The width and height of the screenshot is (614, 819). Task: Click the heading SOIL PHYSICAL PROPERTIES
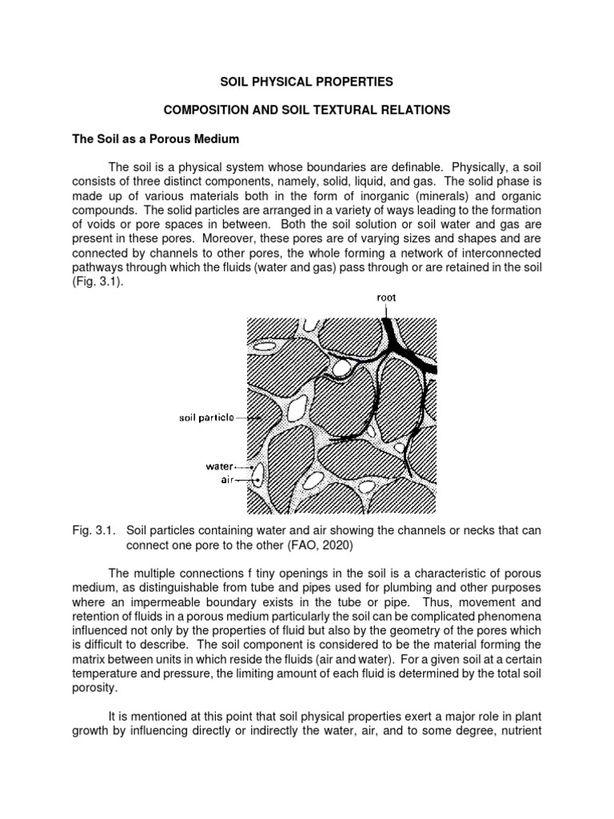(306, 82)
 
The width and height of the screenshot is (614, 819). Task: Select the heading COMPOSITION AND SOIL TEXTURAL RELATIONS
(306, 110)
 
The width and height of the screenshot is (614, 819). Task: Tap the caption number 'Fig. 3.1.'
(94, 531)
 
